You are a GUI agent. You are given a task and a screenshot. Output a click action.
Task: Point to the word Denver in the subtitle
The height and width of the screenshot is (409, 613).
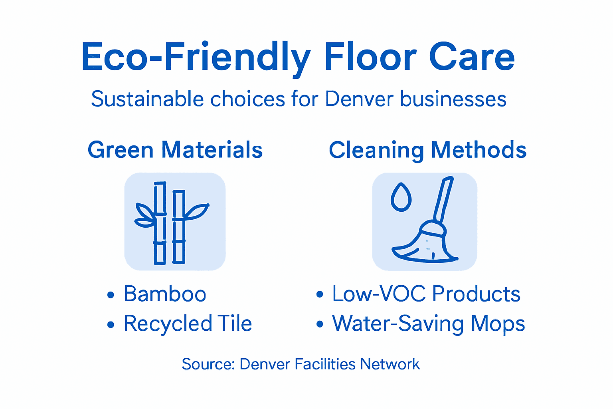(x=359, y=99)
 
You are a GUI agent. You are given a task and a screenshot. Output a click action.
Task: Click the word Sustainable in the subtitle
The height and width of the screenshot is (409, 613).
(x=147, y=99)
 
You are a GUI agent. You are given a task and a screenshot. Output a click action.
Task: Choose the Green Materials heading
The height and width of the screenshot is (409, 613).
(x=175, y=150)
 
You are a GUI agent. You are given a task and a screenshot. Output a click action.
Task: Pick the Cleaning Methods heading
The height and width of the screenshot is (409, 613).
(x=427, y=150)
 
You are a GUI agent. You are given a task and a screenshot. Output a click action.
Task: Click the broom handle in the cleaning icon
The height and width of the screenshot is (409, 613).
(x=445, y=200)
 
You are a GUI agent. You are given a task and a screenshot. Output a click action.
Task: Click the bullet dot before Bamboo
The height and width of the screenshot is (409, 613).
(x=111, y=295)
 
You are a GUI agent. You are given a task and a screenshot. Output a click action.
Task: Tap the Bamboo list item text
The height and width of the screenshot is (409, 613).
(x=165, y=294)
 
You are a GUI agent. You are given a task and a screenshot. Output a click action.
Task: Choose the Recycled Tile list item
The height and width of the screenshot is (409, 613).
(x=188, y=324)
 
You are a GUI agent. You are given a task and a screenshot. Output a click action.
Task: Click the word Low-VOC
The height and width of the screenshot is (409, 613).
(x=379, y=294)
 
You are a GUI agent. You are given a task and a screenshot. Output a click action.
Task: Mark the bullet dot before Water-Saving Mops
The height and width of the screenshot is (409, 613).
(x=319, y=324)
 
